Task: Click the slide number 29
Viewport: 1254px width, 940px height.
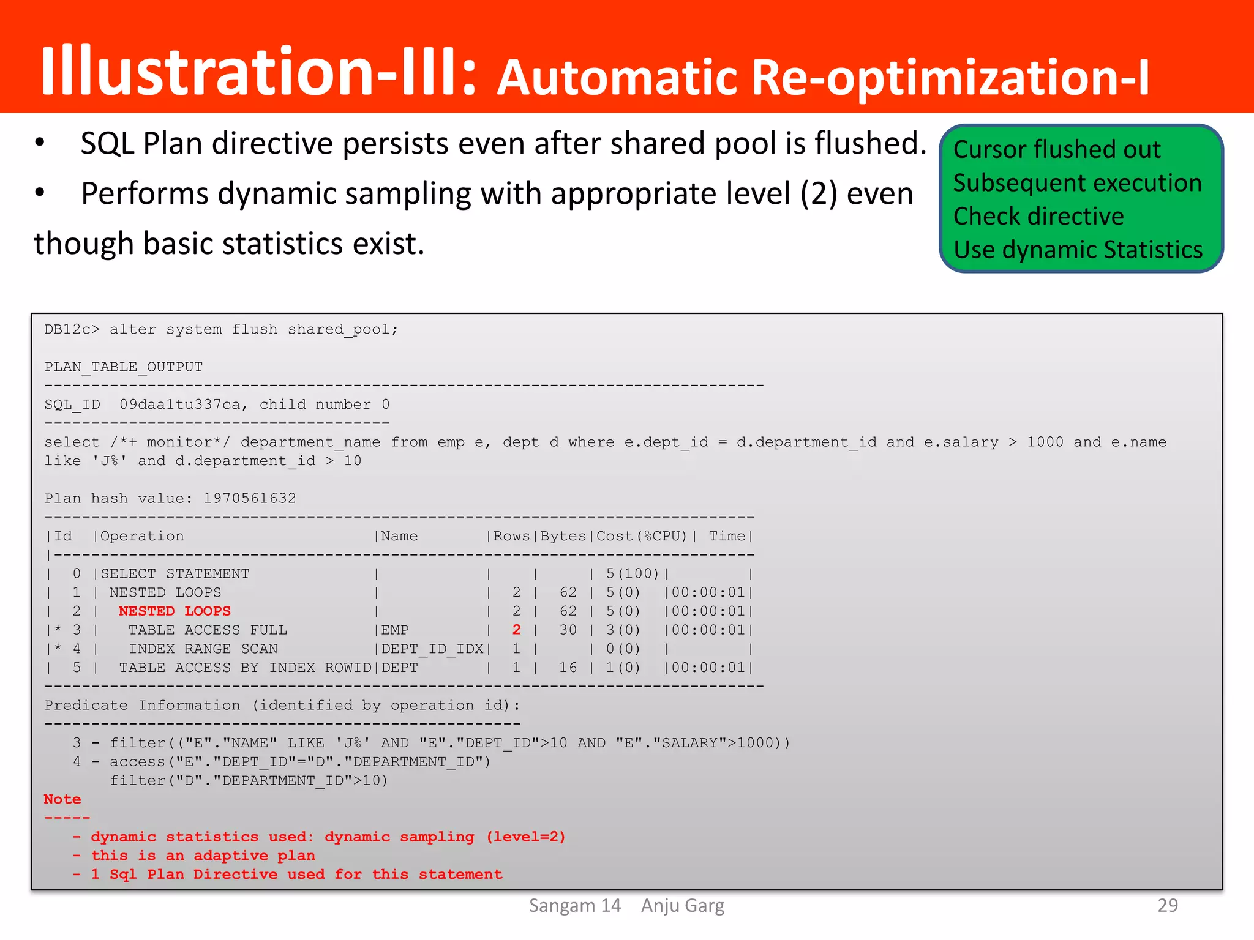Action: coord(1167,905)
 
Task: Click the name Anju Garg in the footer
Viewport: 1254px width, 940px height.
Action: coord(682,905)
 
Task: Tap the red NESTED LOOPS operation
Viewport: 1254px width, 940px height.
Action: coord(175,611)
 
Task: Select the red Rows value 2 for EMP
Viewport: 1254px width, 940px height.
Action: coord(516,630)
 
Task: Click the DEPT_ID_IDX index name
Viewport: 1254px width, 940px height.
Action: coord(432,649)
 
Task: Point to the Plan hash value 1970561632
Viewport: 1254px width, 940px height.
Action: coord(249,498)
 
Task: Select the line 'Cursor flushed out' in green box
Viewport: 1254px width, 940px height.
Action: coord(1056,149)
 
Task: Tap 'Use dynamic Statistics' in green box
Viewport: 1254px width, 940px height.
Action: coord(1078,250)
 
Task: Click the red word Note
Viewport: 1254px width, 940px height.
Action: coord(62,799)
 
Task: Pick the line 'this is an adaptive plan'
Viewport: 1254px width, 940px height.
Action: coord(203,856)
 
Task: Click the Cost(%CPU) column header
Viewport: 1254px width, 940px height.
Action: coord(641,536)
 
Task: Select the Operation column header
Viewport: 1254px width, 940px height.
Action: coord(142,536)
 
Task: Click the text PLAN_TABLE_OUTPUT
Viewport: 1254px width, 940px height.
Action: coord(123,367)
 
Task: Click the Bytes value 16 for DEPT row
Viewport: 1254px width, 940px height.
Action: coord(568,668)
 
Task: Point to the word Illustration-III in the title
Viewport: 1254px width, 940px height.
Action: coord(257,72)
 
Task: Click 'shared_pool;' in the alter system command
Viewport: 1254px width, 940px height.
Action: coord(343,329)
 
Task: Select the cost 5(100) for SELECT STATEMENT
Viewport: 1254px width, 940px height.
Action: coord(632,573)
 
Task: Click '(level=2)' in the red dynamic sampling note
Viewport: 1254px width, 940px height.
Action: coord(525,837)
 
